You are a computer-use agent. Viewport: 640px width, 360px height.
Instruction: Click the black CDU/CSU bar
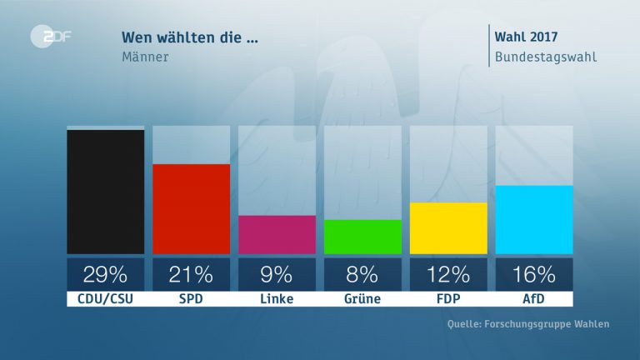coord(105,192)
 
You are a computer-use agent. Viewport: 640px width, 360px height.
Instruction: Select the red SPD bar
coord(191,208)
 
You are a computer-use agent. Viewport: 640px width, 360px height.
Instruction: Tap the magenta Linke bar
coord(277,234)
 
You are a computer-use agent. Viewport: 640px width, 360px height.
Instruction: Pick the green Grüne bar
coord(362,237)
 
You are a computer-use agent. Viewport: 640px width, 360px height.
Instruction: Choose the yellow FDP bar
coord(448,227)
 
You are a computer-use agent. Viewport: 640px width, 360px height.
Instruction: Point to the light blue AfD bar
coord(534,219)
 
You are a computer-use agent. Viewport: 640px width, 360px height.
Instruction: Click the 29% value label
coord(105,274)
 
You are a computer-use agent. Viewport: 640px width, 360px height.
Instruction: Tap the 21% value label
coord(191,274)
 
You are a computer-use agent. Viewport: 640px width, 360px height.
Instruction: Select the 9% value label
coord(277,274)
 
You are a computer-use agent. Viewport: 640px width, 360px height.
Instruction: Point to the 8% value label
coord(362,274)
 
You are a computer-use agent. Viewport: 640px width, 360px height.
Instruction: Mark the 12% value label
coord(448,274)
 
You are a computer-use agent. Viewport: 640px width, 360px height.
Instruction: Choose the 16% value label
coord(534,274)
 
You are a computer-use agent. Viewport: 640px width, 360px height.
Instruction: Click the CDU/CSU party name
coord(105,298)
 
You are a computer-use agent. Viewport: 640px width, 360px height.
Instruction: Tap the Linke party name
coord(277,298)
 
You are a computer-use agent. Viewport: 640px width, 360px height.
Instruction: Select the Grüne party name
coord(362,298)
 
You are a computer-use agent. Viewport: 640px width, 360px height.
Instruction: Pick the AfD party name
coord(534,298)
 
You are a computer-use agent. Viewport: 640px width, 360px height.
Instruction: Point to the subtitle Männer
coord(146,57)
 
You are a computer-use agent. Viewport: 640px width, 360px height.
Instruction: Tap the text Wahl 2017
coord(526,37)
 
